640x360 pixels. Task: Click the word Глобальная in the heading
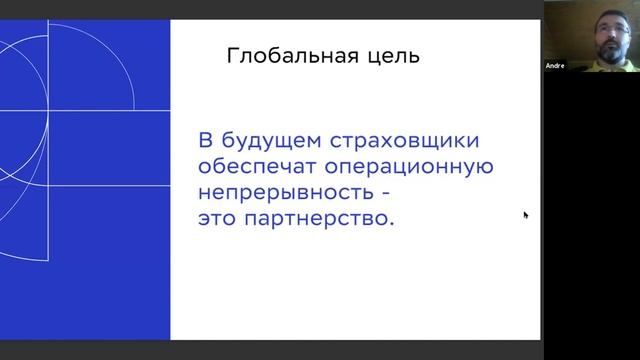click(281, 57)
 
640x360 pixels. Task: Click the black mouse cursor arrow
click(525, 214)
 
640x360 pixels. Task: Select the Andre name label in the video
click(556, 66)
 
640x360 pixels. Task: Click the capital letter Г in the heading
click(233, 57)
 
